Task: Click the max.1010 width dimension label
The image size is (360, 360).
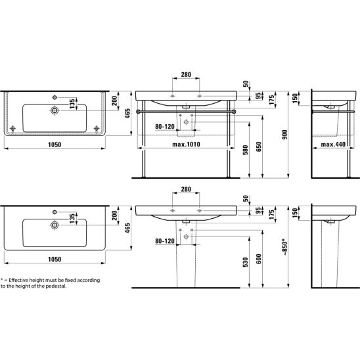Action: [186, 145]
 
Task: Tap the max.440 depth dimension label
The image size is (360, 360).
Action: [333, 145]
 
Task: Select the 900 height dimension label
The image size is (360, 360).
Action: [284, 135]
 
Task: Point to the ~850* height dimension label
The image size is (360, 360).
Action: [284, 248]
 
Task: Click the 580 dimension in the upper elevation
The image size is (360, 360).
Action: [246, 150]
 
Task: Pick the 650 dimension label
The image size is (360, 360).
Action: [259, 146]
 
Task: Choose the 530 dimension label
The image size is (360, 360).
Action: [246, 262]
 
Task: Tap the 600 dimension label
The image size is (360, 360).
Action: [259, 259]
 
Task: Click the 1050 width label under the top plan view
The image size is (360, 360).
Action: [55, 145]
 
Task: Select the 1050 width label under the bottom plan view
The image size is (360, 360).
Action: [55, 259]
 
